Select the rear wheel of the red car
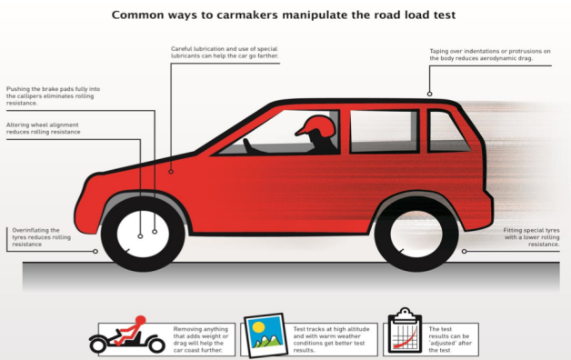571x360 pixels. [x=416, y=234]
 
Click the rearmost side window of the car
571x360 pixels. [x=447, y=132]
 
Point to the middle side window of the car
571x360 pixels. [x=385, y=132]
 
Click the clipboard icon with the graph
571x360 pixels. [x=405, y=331]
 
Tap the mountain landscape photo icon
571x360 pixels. [x=265, y=335]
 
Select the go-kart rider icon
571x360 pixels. [x=127, y=335]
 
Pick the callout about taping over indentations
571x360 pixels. [x=490, y=55]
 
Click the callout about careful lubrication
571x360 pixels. [x=225, y=52]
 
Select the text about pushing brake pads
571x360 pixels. [x=53, y=95]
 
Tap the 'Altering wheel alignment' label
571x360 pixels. [x=43, y=128]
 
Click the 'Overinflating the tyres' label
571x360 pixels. [x=41, y=237]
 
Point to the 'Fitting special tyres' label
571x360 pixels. [x=531, y=237]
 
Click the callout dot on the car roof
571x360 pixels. [x=430, y=94]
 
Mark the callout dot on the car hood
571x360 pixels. [x=171, y=172]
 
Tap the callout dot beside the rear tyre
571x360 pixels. [x=464, y=251]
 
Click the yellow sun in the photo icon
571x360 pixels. [x=258, y=327]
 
